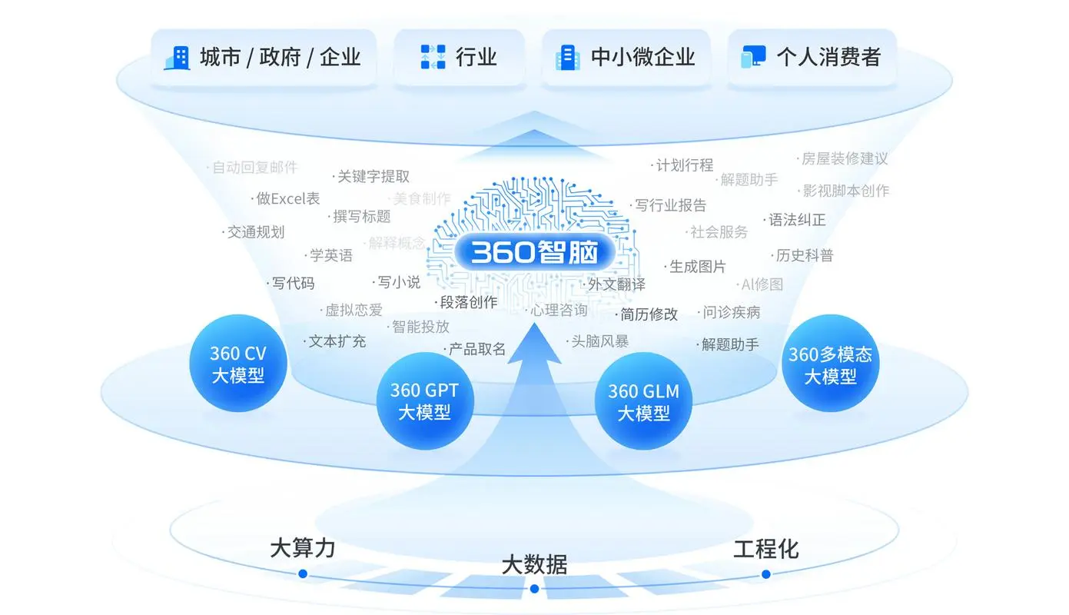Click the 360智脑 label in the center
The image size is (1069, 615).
[534, 252]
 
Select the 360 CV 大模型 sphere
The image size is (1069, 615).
[237, 364]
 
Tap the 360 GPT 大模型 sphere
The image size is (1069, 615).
[424, 401]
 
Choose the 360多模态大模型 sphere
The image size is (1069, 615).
[830, 364]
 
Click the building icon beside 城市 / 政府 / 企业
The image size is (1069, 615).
[178, 58]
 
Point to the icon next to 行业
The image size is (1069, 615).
[433, 57]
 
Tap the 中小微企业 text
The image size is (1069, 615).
[642, 57]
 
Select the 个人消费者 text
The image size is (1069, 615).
[828, 57]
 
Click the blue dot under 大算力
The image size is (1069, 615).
[303, 573]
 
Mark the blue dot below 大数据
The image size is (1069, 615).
[534, 589]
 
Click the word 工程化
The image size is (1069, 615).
[765, 550]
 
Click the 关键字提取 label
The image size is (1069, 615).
[373, 177]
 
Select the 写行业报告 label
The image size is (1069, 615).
[670, 205]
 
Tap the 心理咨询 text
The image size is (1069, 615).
[559, 310]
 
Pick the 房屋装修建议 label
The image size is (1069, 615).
[844, 159]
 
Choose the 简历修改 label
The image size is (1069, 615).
[649, 314]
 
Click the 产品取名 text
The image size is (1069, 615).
[477, 348]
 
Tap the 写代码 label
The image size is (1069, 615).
[293, 283]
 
